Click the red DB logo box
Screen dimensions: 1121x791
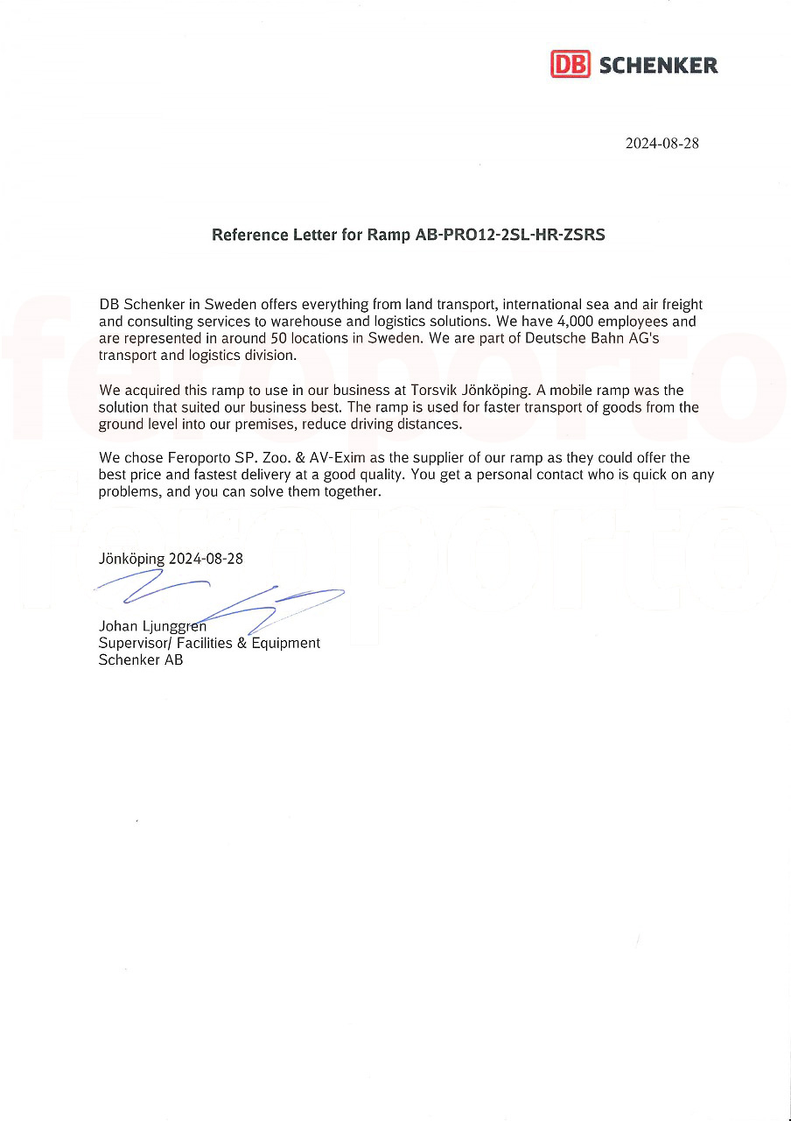click(570, 65)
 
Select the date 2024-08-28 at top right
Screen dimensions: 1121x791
click(661, 144)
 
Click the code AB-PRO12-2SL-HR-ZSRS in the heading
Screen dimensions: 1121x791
click(509, 236)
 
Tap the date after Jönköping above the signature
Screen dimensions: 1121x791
click(206, 559)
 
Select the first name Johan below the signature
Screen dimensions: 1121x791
click(119, 626)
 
